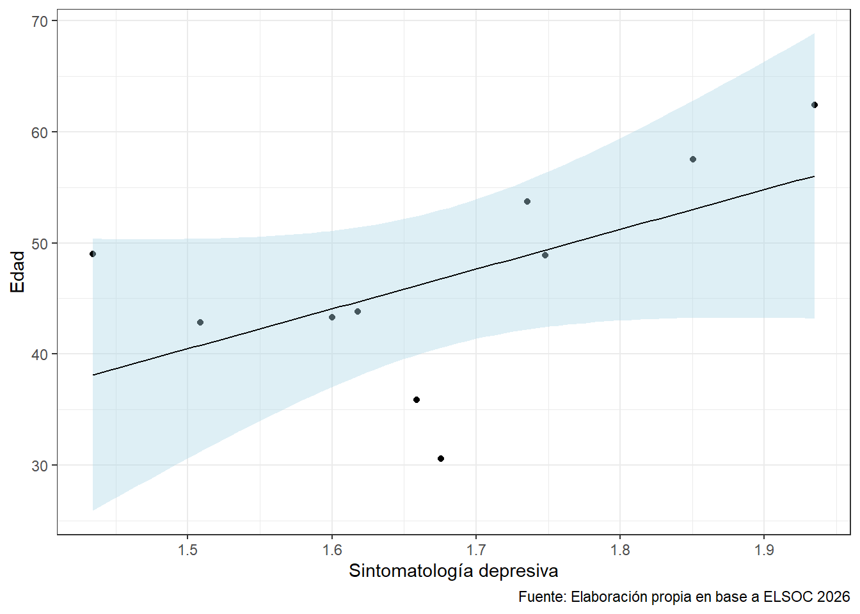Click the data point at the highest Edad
click(x=815, y=105)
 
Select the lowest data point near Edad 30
click(x=441, y=459)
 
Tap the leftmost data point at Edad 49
click(x=93, y=254)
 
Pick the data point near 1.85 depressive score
click(x=693, y=159)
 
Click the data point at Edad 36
click(x=417, y=400)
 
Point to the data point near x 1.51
click(x=200, y=322)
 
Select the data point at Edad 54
click(x=527, y=201)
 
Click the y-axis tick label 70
click(x=40, y=21)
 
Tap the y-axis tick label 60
click(x=40, y=132)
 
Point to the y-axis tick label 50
click(x=40, y=244)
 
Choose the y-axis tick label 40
click(x=40, y=354)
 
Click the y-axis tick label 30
click(x=40, y=466)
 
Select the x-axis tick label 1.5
click(x=187, y=550)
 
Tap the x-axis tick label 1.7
click(x=476, y=550)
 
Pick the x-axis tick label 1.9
click(x=764, y=550)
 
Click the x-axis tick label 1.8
click(x=620, y=550)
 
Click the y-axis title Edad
click(x=18, y=272)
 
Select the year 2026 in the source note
click(x=833, y=597)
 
